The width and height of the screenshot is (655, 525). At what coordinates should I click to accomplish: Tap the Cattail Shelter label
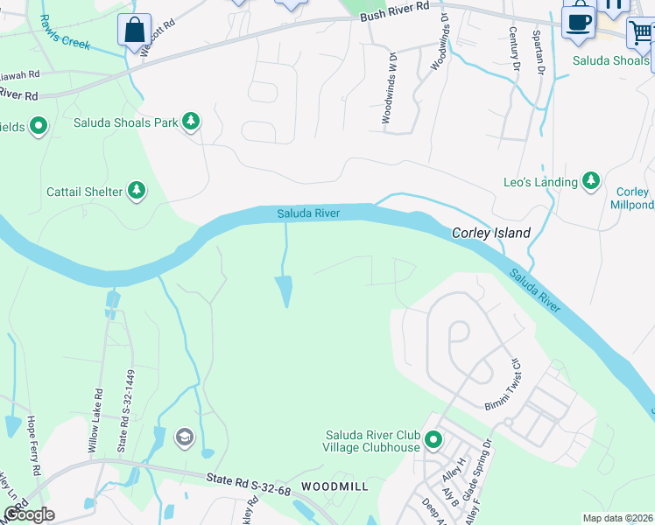coord(85,191)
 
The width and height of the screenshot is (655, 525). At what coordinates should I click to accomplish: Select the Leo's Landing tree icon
coord(592,181)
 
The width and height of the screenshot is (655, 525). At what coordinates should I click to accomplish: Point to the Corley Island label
coord(491,233)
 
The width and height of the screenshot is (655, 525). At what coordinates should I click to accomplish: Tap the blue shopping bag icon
coord(135,30)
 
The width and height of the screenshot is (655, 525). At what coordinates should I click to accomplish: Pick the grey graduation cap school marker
coord(184,437)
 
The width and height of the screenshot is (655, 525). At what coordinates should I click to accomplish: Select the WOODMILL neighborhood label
coord(334,485)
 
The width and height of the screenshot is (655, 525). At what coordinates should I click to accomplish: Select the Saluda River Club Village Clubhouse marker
coord(433,440)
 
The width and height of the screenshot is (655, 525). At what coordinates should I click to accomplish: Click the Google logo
coord(28,514)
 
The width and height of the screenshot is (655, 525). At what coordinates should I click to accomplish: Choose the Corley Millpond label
coord(632,199)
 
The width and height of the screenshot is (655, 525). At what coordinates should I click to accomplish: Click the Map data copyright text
coord(617,518)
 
